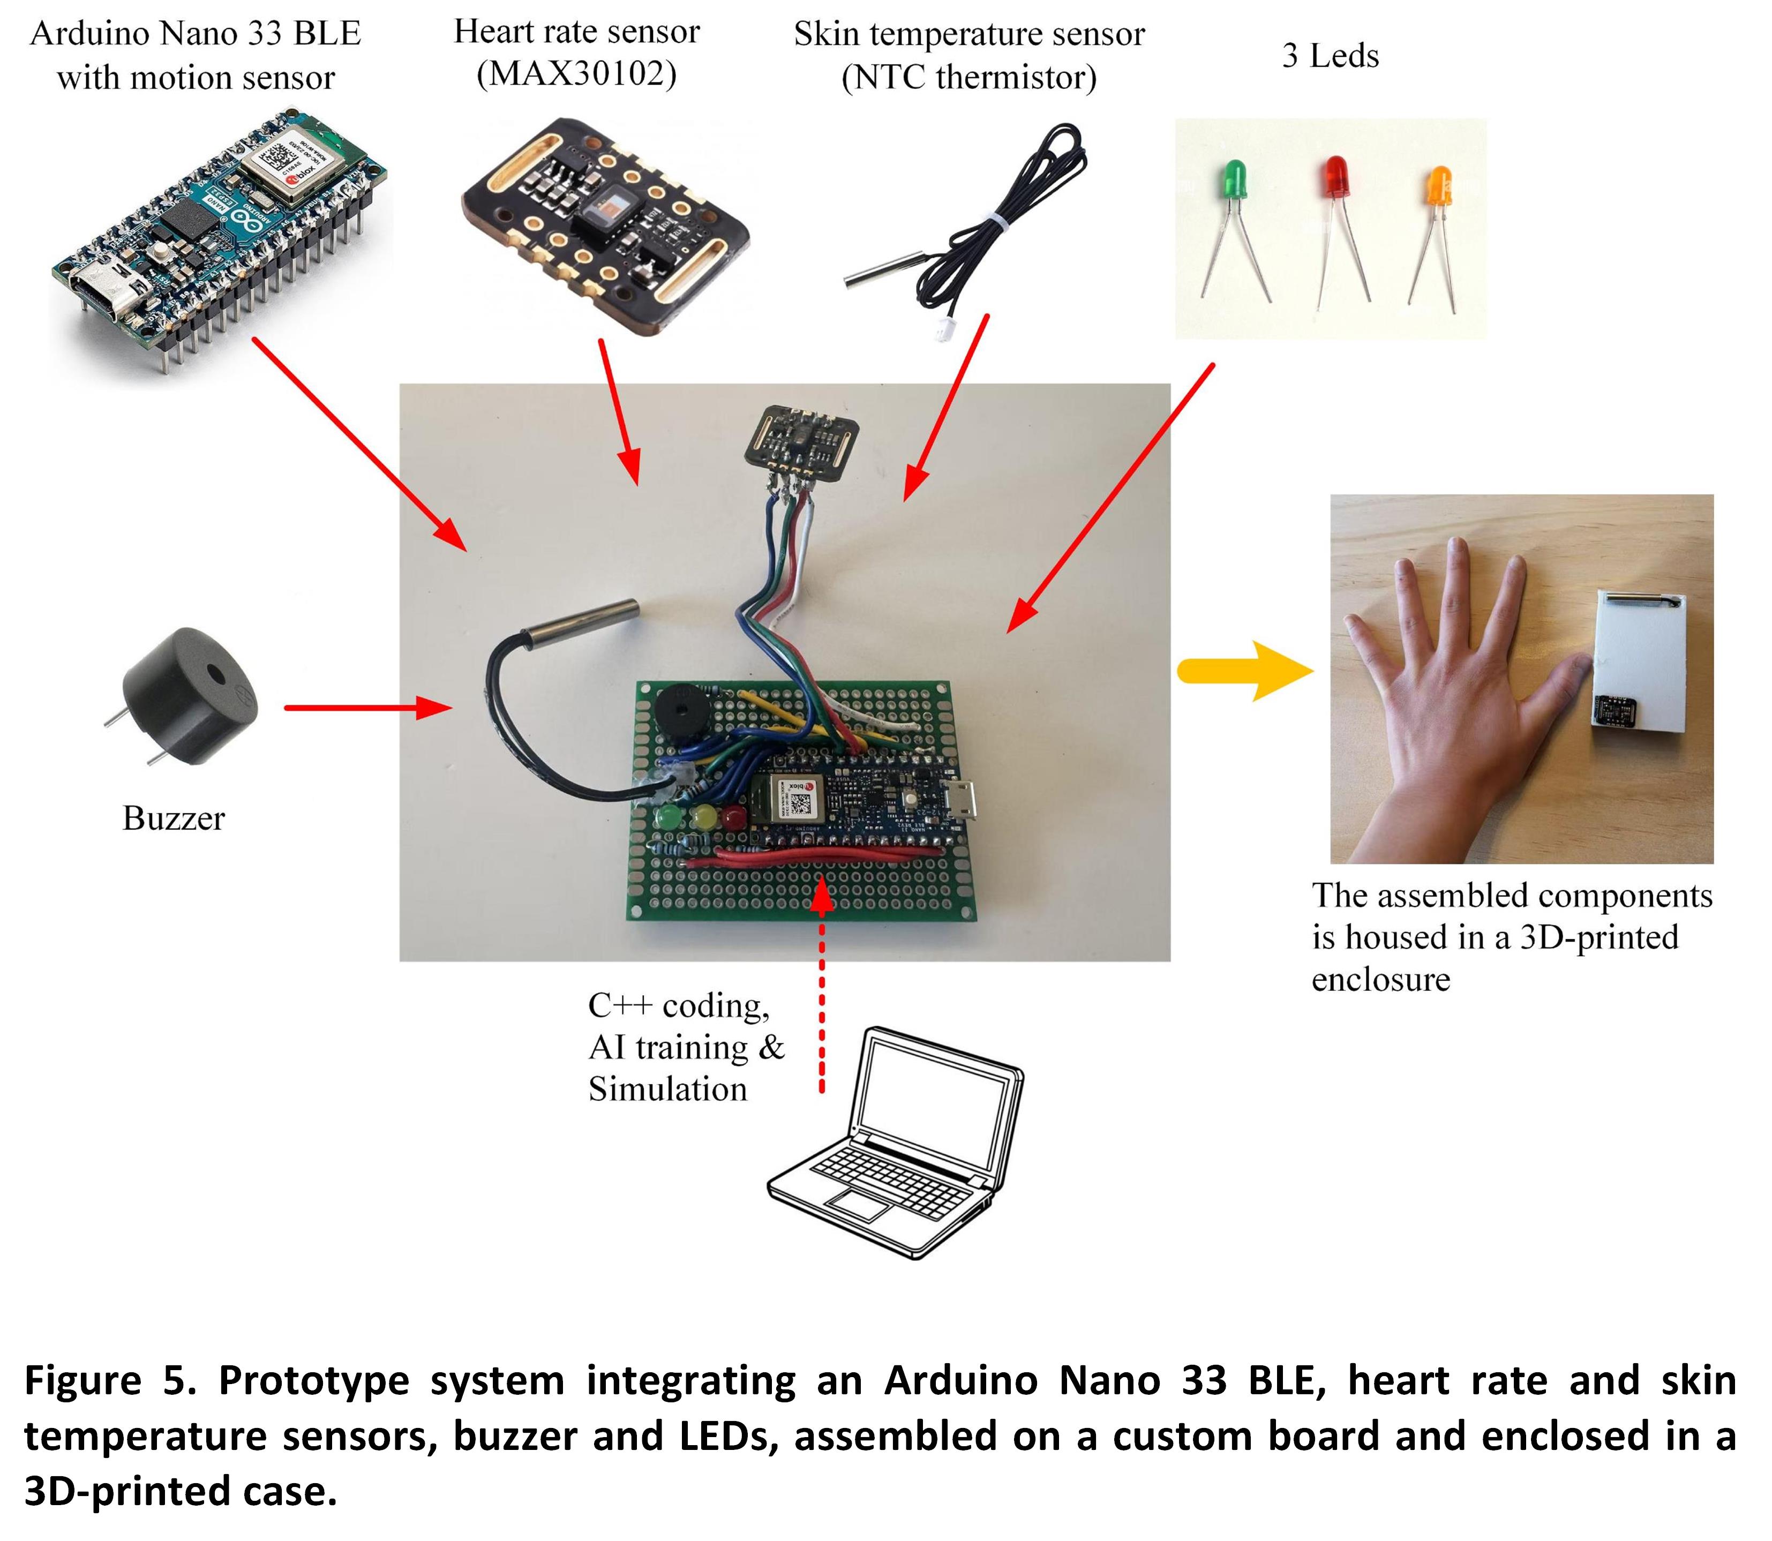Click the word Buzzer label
pos(174,818)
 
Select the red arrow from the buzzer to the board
pos(368,708)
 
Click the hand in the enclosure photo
pos(1462,688)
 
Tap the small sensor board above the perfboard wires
pos(800,439)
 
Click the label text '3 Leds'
pos(1330,56)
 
